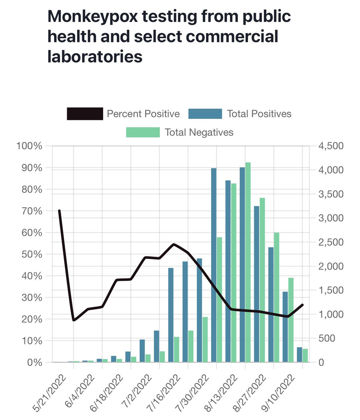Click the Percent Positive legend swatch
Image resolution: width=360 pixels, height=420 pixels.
[x=85, y=114]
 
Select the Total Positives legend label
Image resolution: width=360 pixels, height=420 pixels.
[x=259, y=114]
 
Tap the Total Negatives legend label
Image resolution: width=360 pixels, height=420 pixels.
[x=199, y=132]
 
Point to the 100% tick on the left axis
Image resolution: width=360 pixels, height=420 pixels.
[x=29, y=146]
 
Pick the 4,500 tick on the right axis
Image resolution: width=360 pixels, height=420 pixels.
[x=331, y=146]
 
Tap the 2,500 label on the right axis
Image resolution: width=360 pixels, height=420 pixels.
[x=331, y=242]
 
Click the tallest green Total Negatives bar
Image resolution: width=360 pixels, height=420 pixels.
[x=248, y=260]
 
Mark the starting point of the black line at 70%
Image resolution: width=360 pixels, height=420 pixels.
[x=59, y=211]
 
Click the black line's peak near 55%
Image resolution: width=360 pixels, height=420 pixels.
[x=174, y=244]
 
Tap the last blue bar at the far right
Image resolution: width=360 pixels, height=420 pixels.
[x=299, y=354]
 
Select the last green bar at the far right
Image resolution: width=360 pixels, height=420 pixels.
[x=305, y=355]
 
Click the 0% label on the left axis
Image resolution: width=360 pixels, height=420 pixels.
[x=34, y=362]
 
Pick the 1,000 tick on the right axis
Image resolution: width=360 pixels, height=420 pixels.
[x=331, y=314]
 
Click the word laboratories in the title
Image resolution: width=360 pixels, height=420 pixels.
[x=95, y=56]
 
